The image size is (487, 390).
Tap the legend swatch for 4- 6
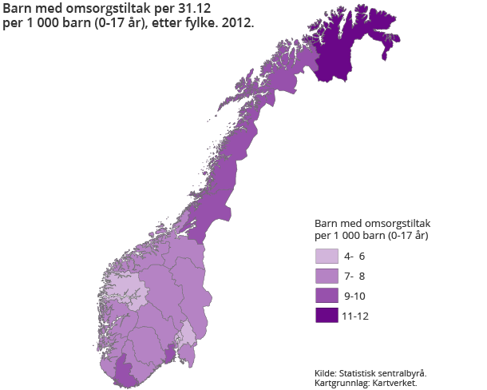[x=327, y=257]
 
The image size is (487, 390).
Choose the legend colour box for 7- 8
[x=327, y=277]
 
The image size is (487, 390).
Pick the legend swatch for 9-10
[x=327, y=296]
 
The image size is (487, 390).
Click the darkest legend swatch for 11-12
[x=327, y=316]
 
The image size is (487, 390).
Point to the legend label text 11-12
[x=354, y=316]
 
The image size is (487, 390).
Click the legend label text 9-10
[x=354, y=296]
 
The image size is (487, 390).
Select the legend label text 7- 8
[x=354, y=277]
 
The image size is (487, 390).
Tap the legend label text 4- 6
[x=354, y=257]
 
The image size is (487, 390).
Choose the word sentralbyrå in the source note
[x=404, y=372]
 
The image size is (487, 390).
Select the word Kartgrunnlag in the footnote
[x=342, y=383]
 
